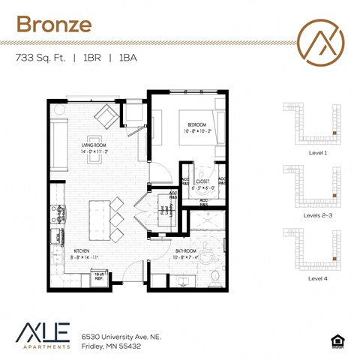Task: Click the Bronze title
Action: point(53,23)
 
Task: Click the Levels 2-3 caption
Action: point(318,215)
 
